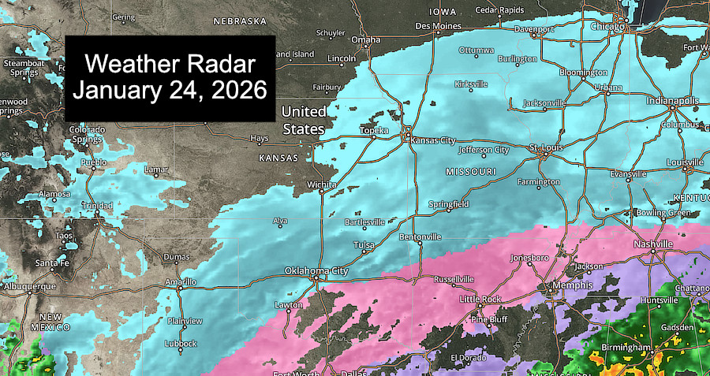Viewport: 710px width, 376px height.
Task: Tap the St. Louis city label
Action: [544, 147]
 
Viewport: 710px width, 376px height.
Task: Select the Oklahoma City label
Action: [316, 271]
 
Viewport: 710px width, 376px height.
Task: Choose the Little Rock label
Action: [480, 299]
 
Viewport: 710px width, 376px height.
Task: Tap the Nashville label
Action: [653, 244]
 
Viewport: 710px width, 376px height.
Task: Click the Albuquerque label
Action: [28, 285]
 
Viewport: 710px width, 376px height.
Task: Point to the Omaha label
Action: [365, 39]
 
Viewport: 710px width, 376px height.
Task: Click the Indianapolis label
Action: [672, 101]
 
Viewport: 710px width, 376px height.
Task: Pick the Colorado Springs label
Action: [87, 134]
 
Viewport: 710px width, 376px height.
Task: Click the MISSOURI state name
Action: [470, 171]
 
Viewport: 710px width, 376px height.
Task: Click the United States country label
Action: [304, 120]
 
